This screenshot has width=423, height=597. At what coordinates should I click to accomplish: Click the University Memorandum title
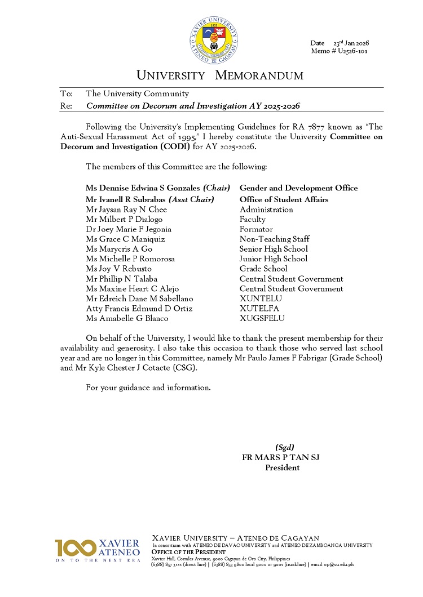(220, 75)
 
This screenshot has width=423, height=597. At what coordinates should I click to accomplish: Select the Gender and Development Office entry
(298, 188)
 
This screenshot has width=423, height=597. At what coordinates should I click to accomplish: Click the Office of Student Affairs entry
(284, 199)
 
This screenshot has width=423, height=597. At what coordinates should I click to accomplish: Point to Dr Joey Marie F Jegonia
(129, 229)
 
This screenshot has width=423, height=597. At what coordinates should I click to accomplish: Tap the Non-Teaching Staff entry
(274, 239)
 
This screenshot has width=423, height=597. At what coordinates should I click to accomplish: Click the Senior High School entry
(274, 249)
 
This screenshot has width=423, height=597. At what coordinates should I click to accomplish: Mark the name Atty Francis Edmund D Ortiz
(139, 309)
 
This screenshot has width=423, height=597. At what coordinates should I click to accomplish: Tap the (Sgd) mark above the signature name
(284, 448)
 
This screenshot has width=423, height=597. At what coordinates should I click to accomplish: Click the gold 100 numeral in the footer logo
(76, 548)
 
